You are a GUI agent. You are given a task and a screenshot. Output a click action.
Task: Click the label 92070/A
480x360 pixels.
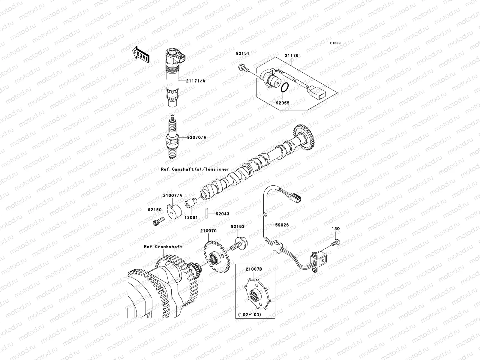pos(197,137)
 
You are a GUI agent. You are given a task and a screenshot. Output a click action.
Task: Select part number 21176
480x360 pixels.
pos(292,56)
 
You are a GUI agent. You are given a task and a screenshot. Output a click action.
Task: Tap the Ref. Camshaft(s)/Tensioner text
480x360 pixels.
pos(195,169)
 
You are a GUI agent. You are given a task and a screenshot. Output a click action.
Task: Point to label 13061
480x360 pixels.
pos(191,217)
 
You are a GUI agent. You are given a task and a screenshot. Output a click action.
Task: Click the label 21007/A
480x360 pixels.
pos(172,195)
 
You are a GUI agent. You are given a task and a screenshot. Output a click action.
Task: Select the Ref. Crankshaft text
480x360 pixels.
pos(163,247)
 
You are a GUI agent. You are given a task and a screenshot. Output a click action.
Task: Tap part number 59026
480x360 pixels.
pos(282,224)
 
